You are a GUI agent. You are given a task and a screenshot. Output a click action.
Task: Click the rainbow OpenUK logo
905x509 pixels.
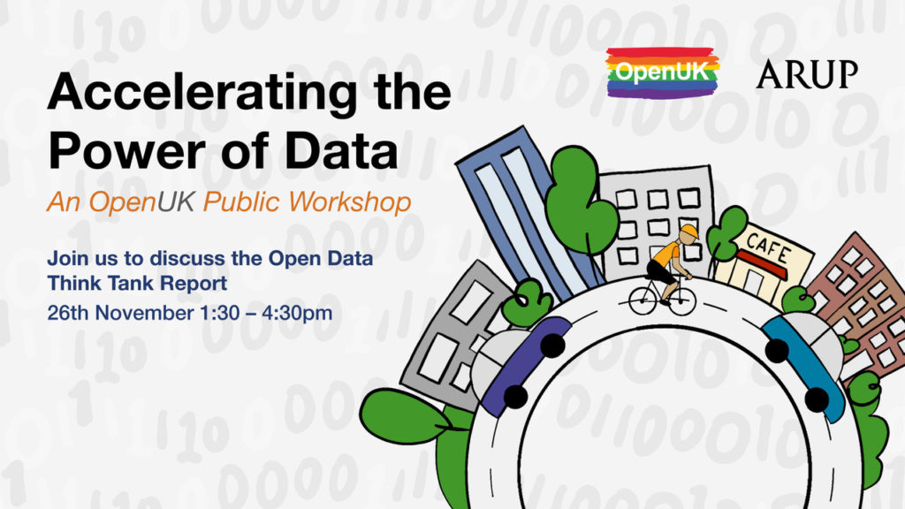click(663, 72)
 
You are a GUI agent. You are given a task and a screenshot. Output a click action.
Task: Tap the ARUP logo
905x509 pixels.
click(807, 74)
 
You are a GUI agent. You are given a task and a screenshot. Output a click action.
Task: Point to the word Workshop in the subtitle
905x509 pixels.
click(350, 202)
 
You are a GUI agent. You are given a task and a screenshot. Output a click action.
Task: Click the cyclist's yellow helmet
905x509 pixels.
click(688, 232)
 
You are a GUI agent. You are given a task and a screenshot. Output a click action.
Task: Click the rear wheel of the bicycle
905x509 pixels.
click(643, 300)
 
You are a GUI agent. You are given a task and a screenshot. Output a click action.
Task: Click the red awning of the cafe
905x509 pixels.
click(761, 263)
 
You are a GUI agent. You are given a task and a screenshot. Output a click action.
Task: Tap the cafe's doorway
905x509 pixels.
click(752, 282)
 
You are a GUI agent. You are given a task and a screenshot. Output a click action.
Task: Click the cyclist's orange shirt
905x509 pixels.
click(666, 254)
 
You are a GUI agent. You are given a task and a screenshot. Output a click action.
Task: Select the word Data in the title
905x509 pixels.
click(341, 150)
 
